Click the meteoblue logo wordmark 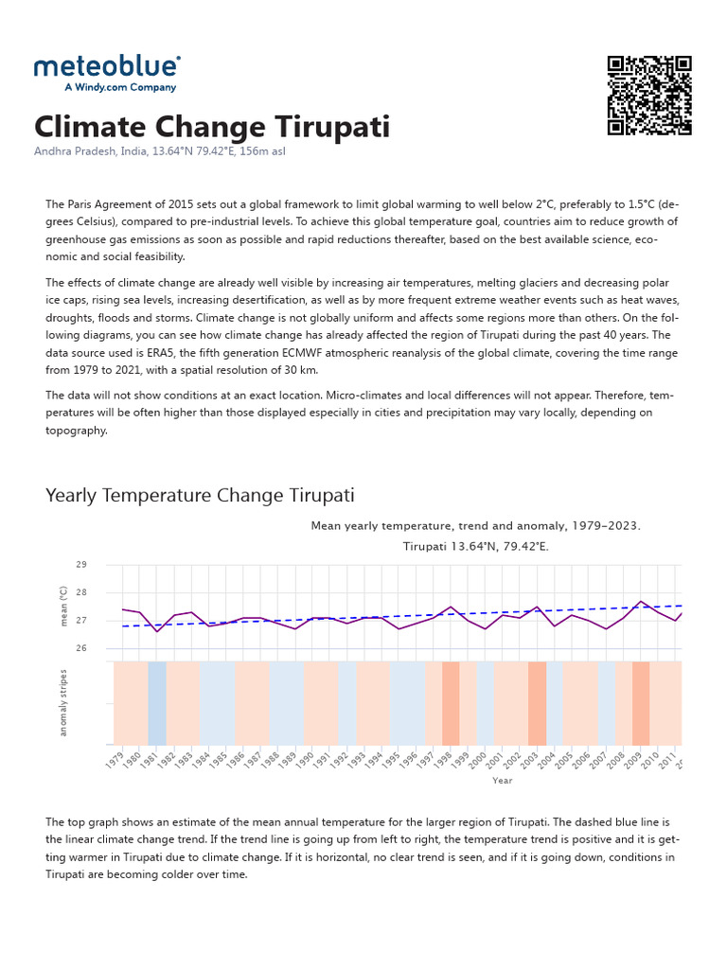tap(107, 66)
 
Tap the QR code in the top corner tap(649, 96)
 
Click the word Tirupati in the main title tap(326, 127)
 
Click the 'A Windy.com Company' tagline tap(119, 87)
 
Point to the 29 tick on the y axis tap(80, 565)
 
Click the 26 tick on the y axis tap(80, 648)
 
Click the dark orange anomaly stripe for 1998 tap(451, 702)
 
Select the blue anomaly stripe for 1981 tap(157, 702)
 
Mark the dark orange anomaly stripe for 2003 tap(537, 702)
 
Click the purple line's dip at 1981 tap(157, 631)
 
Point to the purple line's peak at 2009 tap(641, 601)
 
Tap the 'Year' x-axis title tap(502, 781)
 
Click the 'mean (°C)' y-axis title tap(64, 607)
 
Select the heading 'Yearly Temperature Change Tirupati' tap(200, 496)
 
